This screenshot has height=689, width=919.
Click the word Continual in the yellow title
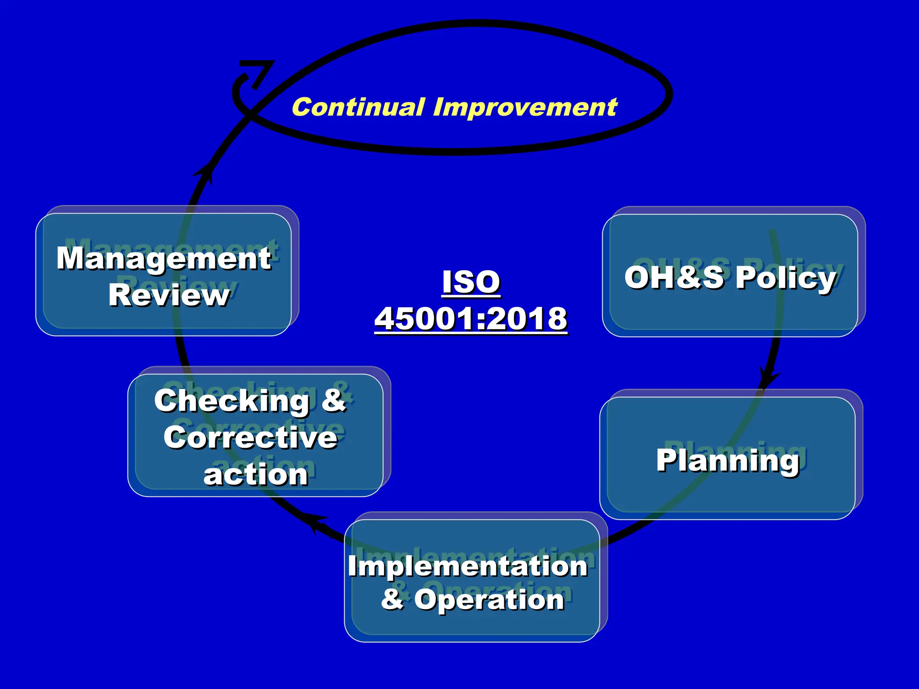pyautogui.click(x=358, y=108)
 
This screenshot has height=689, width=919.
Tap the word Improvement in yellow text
pyautogui.click(x=525, y=108)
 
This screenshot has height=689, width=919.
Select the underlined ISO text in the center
pyautogui.click(x=471, y=282)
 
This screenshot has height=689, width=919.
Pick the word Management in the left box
pyautogui.click(x=164, y=259)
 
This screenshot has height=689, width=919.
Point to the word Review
pyautogui.click(x=169, y=295)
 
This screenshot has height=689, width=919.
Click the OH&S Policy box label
pyautogui.click(x=730, y=278)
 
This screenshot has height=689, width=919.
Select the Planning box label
pyautogui.click(x=728, y=460)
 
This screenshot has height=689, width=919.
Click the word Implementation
pyautogui.click(x=468, y=566)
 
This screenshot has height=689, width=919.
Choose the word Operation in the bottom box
pyautogui.click(x=489, y=599)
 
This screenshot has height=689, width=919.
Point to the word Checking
pyautogui.click(x=232, y=401)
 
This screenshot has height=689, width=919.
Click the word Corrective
pyautogui.click(x=250, y=437)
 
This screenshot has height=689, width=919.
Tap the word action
pyautogui.click(x=256, y=475)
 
